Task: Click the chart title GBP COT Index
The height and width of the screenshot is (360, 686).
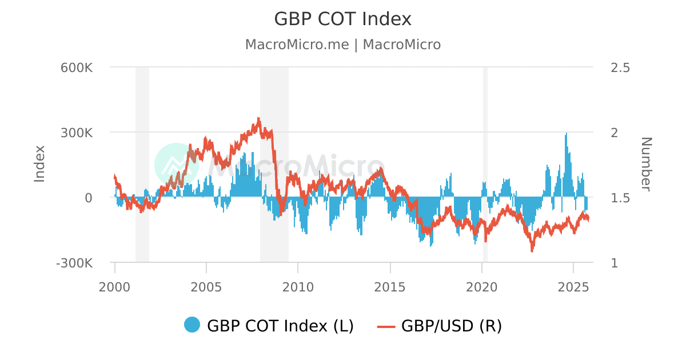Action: tap(342, 19)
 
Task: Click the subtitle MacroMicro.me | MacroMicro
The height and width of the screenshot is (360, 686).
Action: tap(342, 45)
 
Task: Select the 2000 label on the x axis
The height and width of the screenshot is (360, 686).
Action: tap(115, 286)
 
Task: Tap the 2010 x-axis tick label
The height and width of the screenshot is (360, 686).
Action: tap(298, 286)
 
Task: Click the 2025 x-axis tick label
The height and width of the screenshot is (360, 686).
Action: tap(573, 286)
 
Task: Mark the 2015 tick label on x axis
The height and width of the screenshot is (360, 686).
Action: tap(390, 286)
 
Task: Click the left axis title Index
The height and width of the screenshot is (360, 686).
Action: tap(39, 164)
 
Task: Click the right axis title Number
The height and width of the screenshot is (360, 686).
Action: tap(645, 164)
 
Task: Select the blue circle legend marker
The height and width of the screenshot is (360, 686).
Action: tap(192, 325)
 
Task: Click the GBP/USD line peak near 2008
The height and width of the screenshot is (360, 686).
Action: tap(258, 119)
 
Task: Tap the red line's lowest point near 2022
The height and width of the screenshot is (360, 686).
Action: tap(532, 250)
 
